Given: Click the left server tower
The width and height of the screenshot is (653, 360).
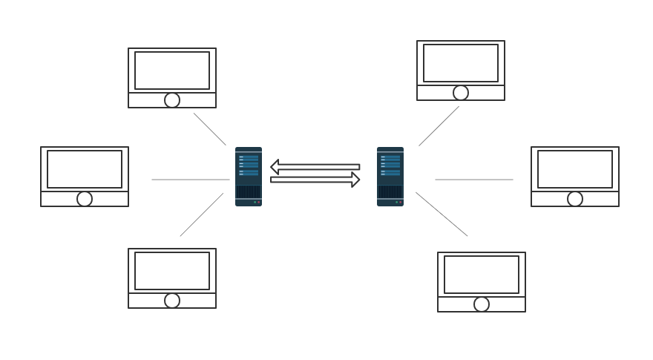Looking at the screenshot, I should (x=248, y=177).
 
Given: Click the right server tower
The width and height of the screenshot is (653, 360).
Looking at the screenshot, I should (x=390, y=177).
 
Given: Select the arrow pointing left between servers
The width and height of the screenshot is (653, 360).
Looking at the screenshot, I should (x=315, y=167).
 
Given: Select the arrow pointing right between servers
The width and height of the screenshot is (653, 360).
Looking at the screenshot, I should (x=315, y=180).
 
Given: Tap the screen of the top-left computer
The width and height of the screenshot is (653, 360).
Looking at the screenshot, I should (x=172, y=71).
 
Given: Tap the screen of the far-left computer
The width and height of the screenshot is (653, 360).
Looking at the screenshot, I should (x=85, y=169).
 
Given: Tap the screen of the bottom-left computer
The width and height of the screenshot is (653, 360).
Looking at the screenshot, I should (x=172, y=271).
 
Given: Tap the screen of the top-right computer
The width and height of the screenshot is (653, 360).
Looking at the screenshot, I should (x=461, y=63).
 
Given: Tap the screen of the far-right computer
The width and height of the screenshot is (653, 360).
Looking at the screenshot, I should (x=575, y=169).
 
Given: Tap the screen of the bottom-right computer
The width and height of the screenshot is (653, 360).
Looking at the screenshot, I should (x=482, y=275).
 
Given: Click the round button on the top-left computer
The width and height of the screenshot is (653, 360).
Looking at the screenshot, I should (x=172, y=100).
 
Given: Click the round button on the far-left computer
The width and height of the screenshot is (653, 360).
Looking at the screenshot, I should (x=85, y=199).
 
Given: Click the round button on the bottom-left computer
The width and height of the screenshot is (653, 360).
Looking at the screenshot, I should (x=172, y=301).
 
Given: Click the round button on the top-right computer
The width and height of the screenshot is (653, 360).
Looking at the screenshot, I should (x=461, y=93).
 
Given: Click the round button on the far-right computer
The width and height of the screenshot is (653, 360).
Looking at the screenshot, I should (x=575, y=199).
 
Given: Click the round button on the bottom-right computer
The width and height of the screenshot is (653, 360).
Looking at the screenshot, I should (x=482, y=304).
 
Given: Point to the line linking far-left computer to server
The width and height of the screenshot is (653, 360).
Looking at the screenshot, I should (x=191, y=180).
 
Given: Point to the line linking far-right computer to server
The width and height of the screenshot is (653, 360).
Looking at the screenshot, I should (x=474, y=180).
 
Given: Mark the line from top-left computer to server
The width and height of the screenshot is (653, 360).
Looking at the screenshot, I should (x=210, y=129).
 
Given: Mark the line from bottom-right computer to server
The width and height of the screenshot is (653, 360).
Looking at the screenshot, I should (x=442, y=215).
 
